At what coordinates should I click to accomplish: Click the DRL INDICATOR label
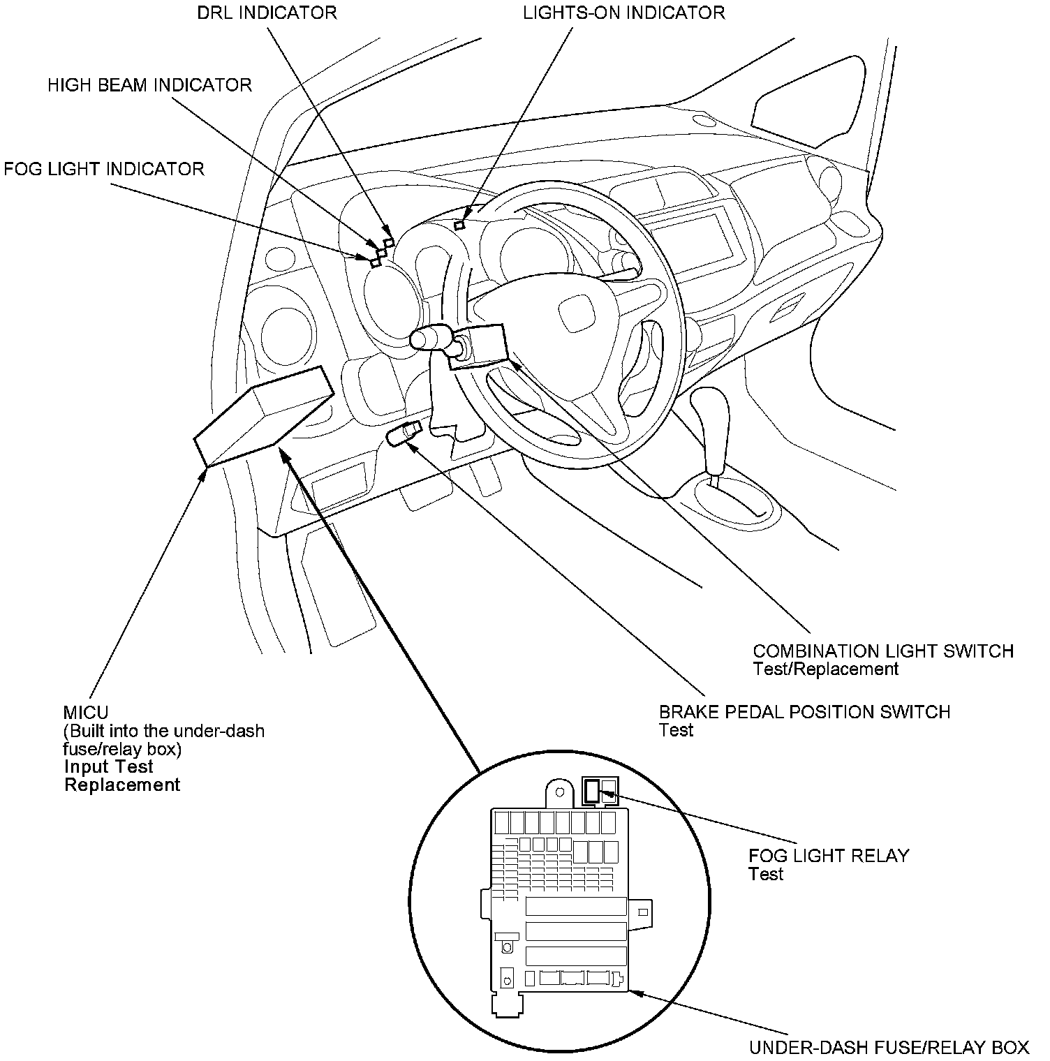pyautogui.click(x=267, y=13)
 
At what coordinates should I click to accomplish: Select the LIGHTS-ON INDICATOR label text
pyautogui.click(x=624, y=13)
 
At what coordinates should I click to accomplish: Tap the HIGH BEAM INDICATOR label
pyautogui.click(x=150, y=85)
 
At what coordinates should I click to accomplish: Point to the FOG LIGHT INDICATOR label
pyautogui.click(x=104, y=169)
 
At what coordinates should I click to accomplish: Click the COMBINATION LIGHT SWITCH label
pyautogui.click(x=882, y=651)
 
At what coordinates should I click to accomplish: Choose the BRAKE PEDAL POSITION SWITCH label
pyautogui.click(x=804, y=712)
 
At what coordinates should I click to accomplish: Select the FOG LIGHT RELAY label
pyautogui.click(x=829, y=855)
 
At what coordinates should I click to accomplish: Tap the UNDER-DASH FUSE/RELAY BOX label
pyautogui.click(x=889, y=1047)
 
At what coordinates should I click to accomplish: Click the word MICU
pyautogui.click(x=86, y=713)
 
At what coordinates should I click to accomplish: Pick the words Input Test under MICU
pyautogui.click(x=108, y=766)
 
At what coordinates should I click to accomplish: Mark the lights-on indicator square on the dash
pyautogui.click(x=459, y=225)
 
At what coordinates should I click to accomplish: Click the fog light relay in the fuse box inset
pyautogui.click(x=592, y=791)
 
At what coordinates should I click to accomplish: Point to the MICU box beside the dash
pyautogui.click(x=263, y=417)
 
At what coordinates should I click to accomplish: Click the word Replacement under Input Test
pyautogui.click(x=122, y=785)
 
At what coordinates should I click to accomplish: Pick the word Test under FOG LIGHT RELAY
pyautogui.click(x=765, y=874)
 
